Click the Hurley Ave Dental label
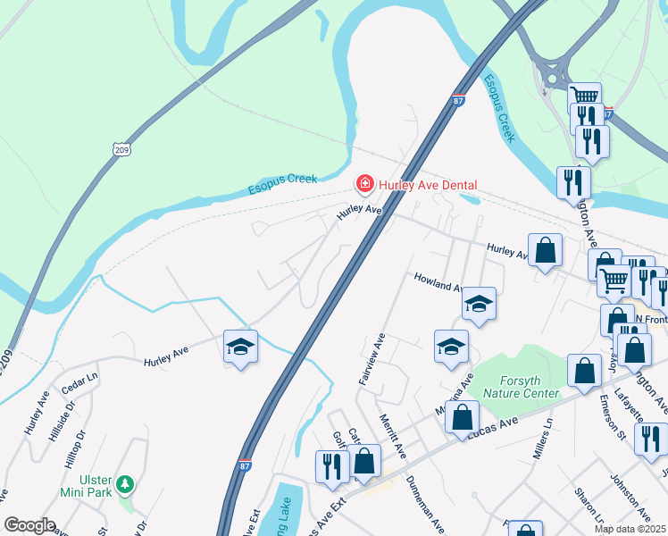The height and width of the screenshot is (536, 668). (x=427, y=185)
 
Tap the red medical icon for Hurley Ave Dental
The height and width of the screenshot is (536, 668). (x=364, y=185)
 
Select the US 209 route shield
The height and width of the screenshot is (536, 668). (x=122, y=149)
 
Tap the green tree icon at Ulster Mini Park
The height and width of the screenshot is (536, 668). (x=126, y=484)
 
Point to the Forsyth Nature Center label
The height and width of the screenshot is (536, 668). (x=521, y=387)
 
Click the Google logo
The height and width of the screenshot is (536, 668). (x=29, y=525)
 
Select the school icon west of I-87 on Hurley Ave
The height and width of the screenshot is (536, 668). (x=240, y=346)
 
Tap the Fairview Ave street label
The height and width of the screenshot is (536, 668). (x=372, y=359)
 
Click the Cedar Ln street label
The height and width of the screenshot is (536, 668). (x=79, y=385)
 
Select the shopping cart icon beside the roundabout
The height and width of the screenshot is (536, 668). (x=585, y=96)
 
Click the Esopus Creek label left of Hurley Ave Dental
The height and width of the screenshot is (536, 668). (x=282, y=184)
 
